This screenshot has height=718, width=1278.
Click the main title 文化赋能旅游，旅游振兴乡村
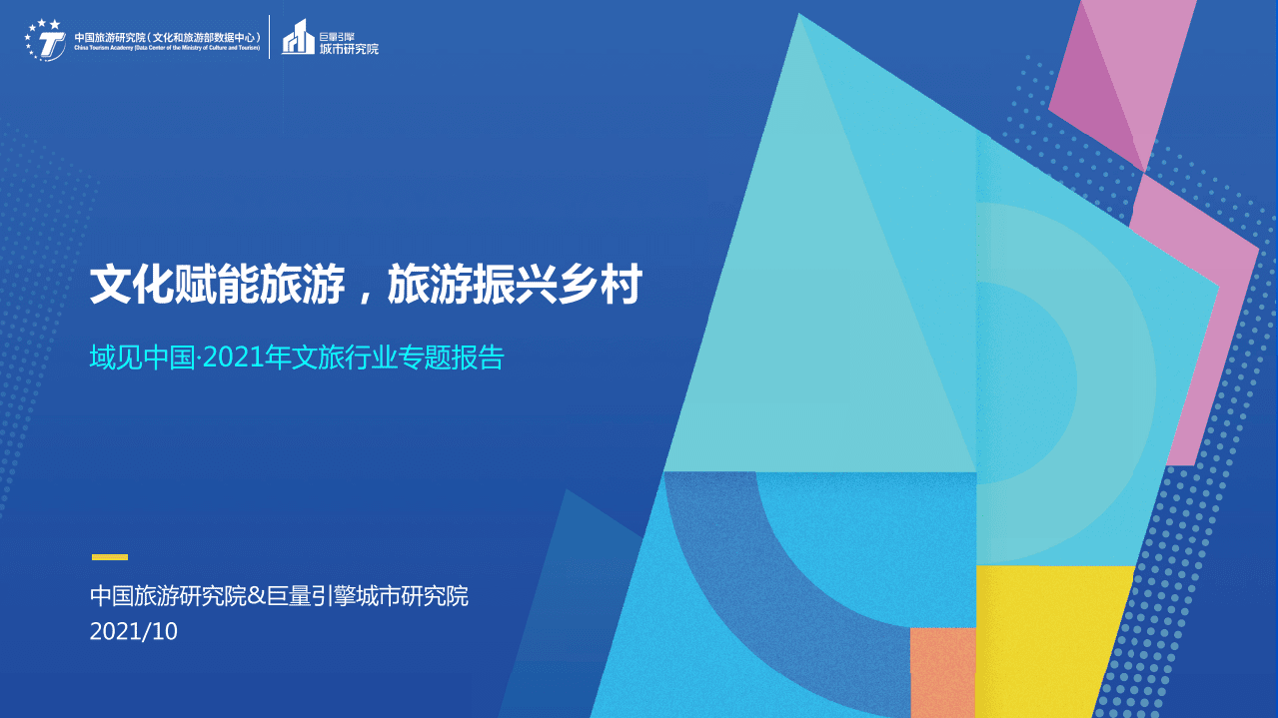click(365, 286)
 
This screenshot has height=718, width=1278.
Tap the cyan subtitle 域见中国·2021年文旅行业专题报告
click(297, 358)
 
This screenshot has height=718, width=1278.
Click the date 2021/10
click(133, 632)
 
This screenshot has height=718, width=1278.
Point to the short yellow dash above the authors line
click(110, 557)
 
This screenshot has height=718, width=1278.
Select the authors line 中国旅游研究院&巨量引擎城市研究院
click(279, 597)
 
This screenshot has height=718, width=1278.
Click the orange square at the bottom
click(942, 672)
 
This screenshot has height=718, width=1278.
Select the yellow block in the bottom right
click(1049, 639)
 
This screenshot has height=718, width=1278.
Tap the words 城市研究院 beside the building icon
click(349, 48)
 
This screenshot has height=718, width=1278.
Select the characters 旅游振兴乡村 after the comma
click(514, 286)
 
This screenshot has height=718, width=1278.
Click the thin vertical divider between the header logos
click(270, 37)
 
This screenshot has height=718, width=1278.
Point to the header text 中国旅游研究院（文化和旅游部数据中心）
click(167, 37)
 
